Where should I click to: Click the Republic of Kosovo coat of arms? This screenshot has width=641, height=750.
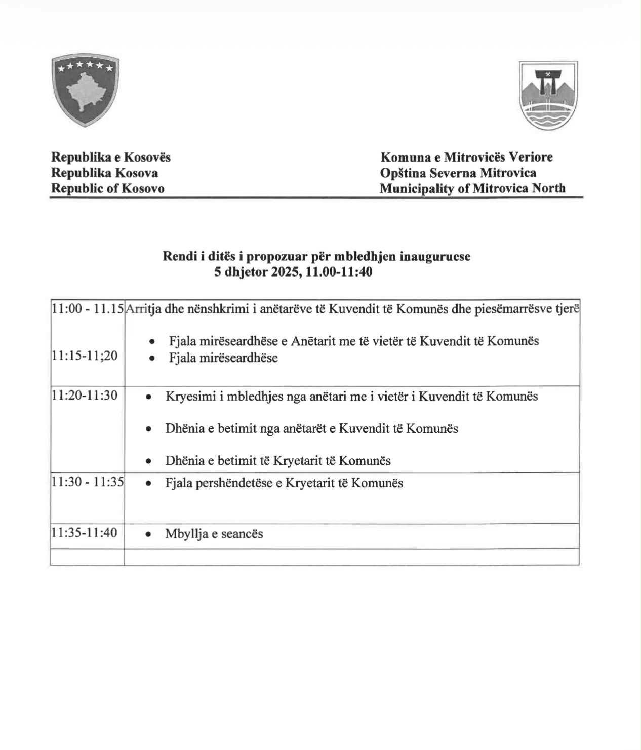pyautogui.click(x=85, y=91)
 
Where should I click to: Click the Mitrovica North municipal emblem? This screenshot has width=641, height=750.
pyautogui.click(x=548, y=96)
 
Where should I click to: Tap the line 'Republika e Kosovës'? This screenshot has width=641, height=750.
pyautogui.click(x=111, y=157)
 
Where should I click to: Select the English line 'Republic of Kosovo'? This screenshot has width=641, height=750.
pyautogui.click(x=108, y=188)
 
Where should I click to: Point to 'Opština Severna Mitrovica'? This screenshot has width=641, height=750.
pyautogui.click(x=458, y=173)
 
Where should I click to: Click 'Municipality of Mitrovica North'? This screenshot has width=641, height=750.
pyautogui.click(x=472, y=188)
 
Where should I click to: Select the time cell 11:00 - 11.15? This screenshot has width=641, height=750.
pyautogui.click(x=88, y=308)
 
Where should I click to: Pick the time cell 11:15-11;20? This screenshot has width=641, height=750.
pyautogui.click(x=85, y=356)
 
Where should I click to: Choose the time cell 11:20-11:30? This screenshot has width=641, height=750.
pyautogui.click(x=85, y=395)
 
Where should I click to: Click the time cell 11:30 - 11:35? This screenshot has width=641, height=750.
pyautogui.click(x=88, y=482)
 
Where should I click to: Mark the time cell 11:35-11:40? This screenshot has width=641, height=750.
pyautogui.click(x=85, y=533)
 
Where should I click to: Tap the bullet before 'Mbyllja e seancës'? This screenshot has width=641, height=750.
pyautogui.click(x=148, y=534)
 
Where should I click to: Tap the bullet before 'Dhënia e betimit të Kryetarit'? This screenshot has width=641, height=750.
pyautogui.click(x=148, y=461)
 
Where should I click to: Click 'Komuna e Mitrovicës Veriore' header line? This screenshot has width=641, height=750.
pyautogui.click(x=466, y=157)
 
